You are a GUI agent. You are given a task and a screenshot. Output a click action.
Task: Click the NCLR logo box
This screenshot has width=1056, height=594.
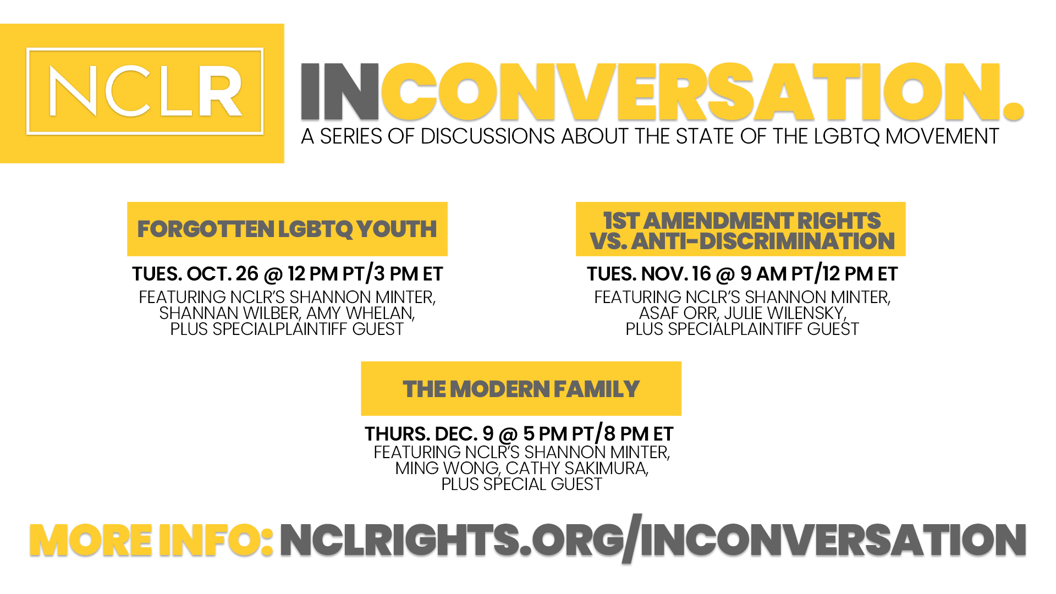point(145,91)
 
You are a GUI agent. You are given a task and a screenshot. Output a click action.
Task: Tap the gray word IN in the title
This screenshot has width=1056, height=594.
point(339,91)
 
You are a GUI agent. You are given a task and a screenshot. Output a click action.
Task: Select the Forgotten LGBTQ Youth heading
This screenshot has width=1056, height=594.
point(287,229)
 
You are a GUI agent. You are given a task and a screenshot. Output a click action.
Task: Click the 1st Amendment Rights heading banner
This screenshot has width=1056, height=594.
point(740,229)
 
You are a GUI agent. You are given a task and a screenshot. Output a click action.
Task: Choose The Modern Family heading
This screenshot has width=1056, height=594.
point(521,389)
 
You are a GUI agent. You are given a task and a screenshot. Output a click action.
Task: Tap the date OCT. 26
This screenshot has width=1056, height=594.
point(222,274)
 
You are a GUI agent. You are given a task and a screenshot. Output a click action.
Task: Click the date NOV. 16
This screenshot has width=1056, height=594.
point(676,274)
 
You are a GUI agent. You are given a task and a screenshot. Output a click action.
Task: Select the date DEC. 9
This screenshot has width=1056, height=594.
point(464,434)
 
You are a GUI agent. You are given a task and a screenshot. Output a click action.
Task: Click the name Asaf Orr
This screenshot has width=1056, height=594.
point(678,313)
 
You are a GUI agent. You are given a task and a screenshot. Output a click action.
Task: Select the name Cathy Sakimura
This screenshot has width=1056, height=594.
point(576,468)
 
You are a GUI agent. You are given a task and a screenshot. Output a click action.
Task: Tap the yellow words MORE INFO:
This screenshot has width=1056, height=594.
point(151,540)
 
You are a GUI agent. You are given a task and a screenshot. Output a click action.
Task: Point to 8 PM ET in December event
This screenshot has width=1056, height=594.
point(639,434)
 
